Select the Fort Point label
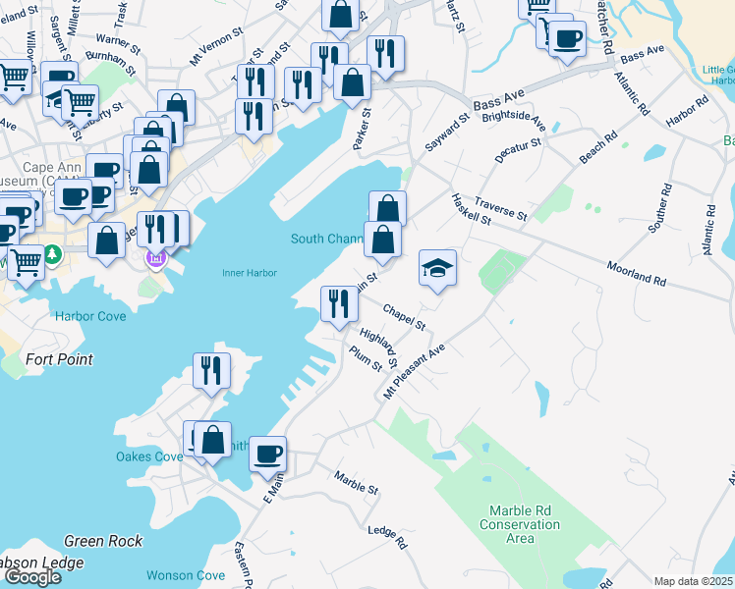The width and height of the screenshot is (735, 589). tap(60, 359)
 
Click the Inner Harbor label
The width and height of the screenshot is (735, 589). tap(249, 273)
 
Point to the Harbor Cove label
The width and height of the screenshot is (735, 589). tap(90, 316)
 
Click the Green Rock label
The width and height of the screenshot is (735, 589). tap(103, 541)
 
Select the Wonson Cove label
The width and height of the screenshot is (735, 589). tap(185, 575)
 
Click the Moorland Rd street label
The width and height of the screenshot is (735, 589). tap(636, 274)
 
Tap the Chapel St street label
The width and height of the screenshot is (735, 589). tap(404, 316)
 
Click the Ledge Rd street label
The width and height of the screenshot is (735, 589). tap(386, 536)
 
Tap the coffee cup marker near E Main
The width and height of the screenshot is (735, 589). tap(267, 455)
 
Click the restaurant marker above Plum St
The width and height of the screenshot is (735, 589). tap(339, 302)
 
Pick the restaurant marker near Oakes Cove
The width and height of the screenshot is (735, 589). tap(211, 371)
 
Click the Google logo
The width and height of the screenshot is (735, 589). tap(33, 577)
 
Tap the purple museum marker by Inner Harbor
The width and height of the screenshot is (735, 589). tap(154, 258)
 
